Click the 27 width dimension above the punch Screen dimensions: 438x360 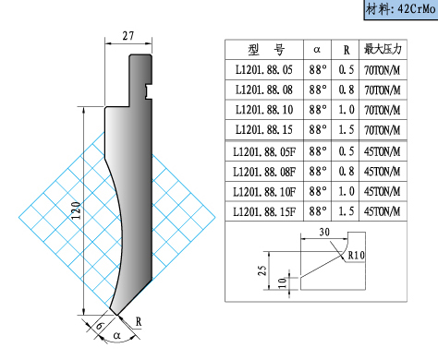128,36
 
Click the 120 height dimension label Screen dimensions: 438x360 76,210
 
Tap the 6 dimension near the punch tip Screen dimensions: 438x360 100,326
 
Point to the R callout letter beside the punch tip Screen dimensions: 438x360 139,322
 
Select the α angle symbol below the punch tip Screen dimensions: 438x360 116,335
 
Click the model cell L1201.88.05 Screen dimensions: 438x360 264,69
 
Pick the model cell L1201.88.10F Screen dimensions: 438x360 264,192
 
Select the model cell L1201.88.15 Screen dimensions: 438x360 264,129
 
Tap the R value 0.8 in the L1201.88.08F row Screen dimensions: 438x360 347,172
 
